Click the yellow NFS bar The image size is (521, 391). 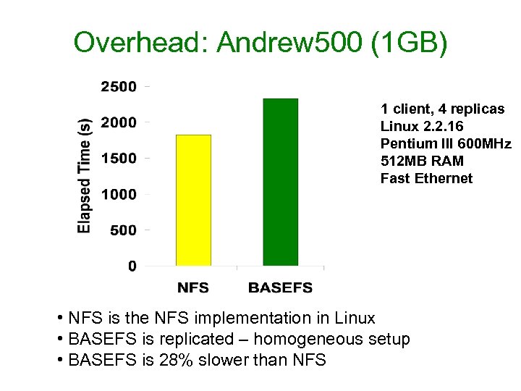coord(193,201)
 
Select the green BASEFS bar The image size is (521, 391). coord(280,182)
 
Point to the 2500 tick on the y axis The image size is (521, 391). coord(118,87)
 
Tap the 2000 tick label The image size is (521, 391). coord(118,122)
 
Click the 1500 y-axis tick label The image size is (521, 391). coord(118,158)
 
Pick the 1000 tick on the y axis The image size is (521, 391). coord(118,194)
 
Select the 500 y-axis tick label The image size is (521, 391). coord(122,230)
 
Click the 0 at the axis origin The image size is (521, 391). coord(132,266)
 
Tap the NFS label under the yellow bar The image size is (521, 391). coord(193,287)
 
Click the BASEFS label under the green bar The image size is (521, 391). coord(280,287)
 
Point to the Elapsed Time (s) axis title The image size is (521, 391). coord(85,175)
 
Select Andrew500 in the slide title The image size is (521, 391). coord(289,43)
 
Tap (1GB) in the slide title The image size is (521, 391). coord(409,43)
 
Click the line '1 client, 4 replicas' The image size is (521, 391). coord(443,109)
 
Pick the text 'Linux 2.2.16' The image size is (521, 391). coord(422,126)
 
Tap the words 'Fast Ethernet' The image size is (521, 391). coord(426,178)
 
